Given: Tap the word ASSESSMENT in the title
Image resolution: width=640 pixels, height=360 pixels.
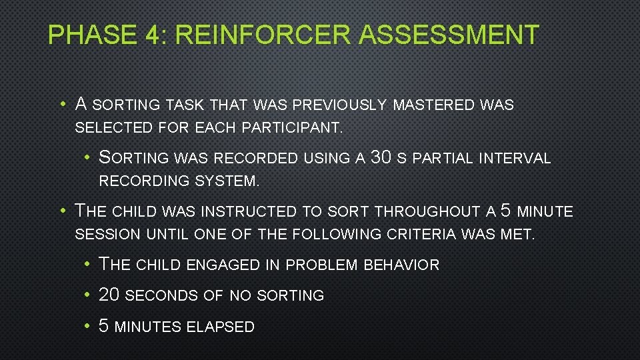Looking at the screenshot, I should (448, 35).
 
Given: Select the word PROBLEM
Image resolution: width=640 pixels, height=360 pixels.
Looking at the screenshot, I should (320, 265).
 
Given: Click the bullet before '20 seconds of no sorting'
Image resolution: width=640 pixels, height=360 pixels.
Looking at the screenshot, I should (88, 295).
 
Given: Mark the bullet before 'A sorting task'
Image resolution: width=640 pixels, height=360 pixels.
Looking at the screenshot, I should (61, 105).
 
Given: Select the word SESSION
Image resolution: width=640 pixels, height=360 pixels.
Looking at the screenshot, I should (108, 235).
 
